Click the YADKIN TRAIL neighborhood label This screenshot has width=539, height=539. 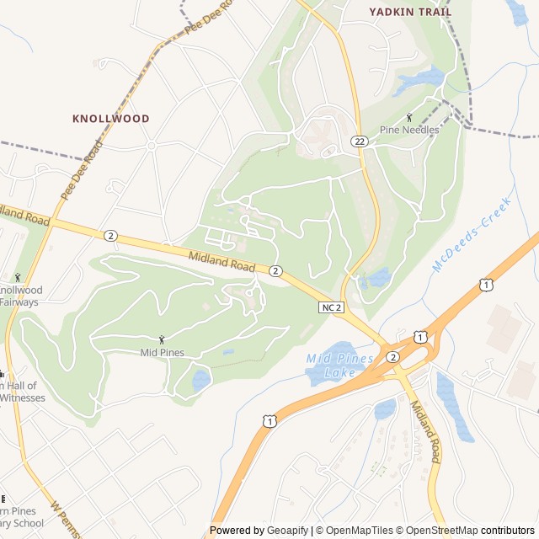tap(410, 12)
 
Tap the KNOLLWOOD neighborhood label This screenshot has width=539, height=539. tap(110, 119)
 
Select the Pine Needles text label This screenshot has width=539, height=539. tap(408, 130)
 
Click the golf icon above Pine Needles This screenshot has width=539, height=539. tap(409, 117)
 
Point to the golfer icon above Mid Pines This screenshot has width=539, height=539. tap(163, 339)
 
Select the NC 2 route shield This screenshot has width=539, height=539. tap(332, 307)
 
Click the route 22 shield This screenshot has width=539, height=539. tap(360, 141)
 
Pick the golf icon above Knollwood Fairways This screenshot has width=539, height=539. tap(17, 277)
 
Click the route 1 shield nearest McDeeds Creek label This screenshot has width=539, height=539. tap(486, 286)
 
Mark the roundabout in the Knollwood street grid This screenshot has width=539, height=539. tap(152, 146)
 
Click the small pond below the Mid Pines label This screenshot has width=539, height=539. tap(200, 380)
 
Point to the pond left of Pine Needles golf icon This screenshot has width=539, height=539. tap(419, 79)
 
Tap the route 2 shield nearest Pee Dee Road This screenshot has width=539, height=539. tap(110, 235)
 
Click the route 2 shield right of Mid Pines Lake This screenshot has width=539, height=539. tap(392, 357)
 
